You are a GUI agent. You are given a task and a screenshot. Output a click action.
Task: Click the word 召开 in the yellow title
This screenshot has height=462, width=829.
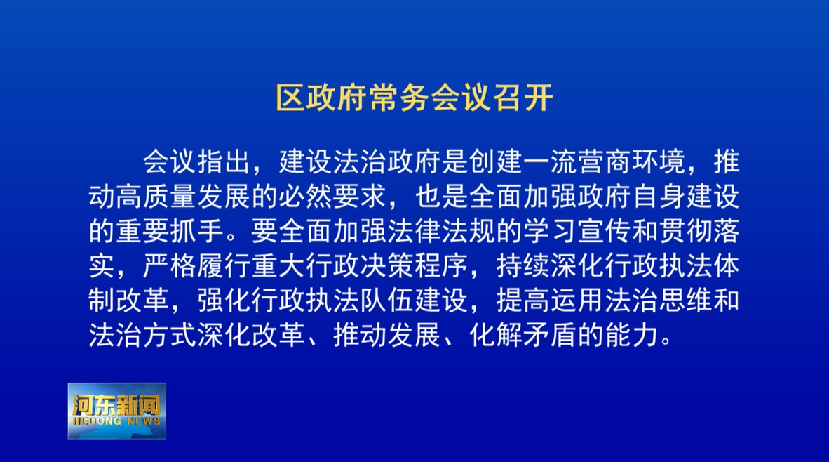(x=523, y=98)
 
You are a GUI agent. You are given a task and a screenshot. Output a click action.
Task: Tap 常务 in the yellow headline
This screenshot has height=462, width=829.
(x=399, y=98)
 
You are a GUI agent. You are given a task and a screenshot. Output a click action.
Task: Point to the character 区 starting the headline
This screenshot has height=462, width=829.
(x=291, y=98)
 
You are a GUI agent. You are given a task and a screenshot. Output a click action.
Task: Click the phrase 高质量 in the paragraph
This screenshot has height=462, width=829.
(x=156, y=197)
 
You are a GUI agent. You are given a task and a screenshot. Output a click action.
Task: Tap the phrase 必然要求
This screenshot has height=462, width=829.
(x=333, y=197)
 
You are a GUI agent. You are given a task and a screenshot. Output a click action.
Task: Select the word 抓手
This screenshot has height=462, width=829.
(x=196, y=231)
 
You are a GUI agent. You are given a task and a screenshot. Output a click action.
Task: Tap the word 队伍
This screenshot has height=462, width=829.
(x=387, y=301)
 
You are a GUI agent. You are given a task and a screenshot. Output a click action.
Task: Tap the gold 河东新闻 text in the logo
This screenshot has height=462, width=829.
(x=116, y=405)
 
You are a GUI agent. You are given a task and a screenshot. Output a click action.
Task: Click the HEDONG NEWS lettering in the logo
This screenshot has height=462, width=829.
(x=116, y=421)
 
